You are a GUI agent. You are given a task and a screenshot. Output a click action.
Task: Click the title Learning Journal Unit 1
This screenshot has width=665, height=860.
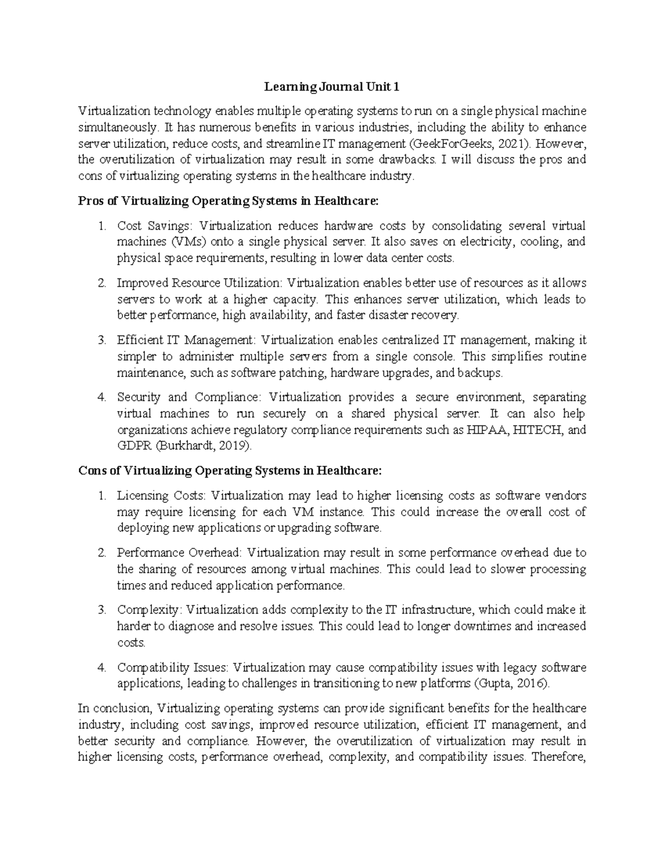coord(331,87)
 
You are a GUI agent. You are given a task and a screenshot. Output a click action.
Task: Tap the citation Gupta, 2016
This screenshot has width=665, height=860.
coord(513,684)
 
